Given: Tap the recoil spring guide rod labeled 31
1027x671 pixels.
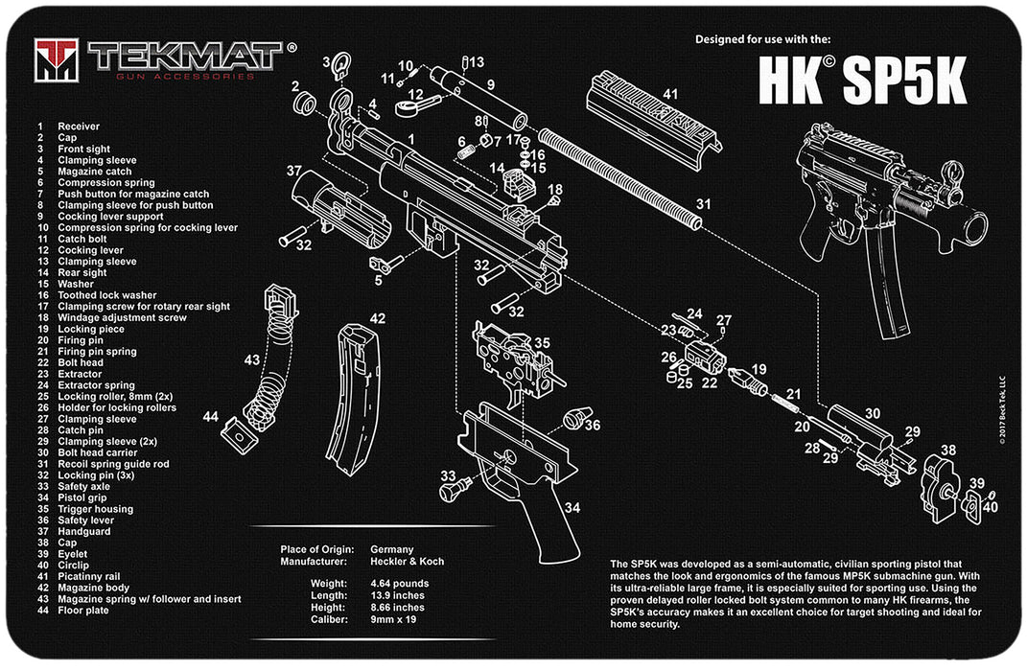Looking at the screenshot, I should tap(619, 178).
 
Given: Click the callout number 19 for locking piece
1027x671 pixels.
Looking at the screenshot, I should tap(759, 369).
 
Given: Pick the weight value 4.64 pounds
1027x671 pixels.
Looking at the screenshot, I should tap(400, 583).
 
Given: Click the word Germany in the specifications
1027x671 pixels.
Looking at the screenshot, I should tap(391, 549).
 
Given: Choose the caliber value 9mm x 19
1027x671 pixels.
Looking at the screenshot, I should tap(396, 620).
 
